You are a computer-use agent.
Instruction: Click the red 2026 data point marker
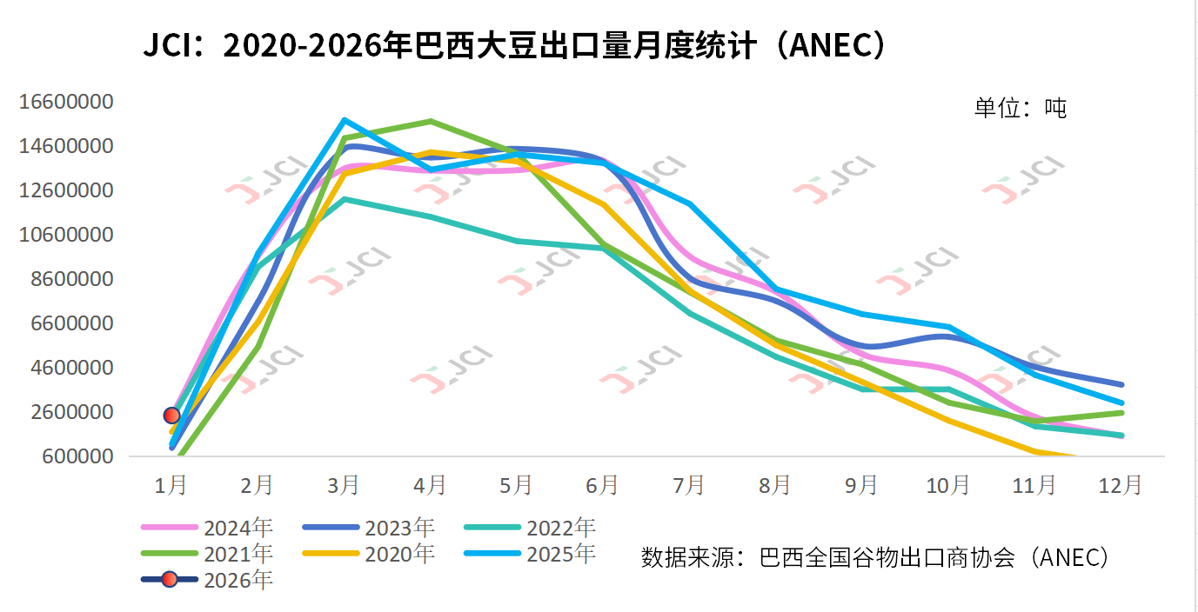[171, 416]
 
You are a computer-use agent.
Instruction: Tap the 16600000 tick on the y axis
[66, 103]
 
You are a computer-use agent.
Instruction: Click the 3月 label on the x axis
[344, 485]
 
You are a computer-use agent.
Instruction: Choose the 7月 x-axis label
[689, 485]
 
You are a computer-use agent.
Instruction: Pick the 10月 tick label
[948, 485]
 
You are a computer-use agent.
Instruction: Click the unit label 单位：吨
[1020, 108]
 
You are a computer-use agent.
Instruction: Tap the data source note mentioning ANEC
[875, 557]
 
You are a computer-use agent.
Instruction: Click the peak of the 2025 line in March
[345, 120]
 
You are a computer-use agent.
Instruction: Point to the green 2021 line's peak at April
[431, 121]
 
